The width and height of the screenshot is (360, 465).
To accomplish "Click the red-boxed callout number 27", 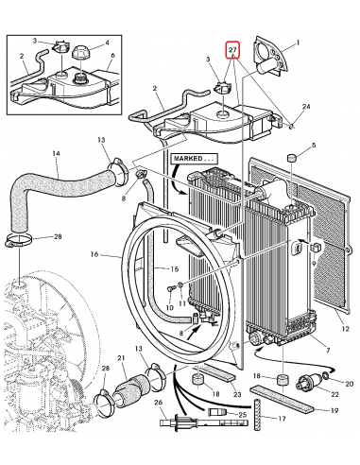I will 232,48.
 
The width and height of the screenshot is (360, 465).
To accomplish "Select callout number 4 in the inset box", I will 106,43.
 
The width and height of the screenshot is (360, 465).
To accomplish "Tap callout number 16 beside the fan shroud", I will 94,254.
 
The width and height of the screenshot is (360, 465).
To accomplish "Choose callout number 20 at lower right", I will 350,386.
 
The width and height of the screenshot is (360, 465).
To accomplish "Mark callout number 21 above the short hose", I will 120,357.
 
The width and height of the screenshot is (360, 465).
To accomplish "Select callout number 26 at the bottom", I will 159,404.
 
